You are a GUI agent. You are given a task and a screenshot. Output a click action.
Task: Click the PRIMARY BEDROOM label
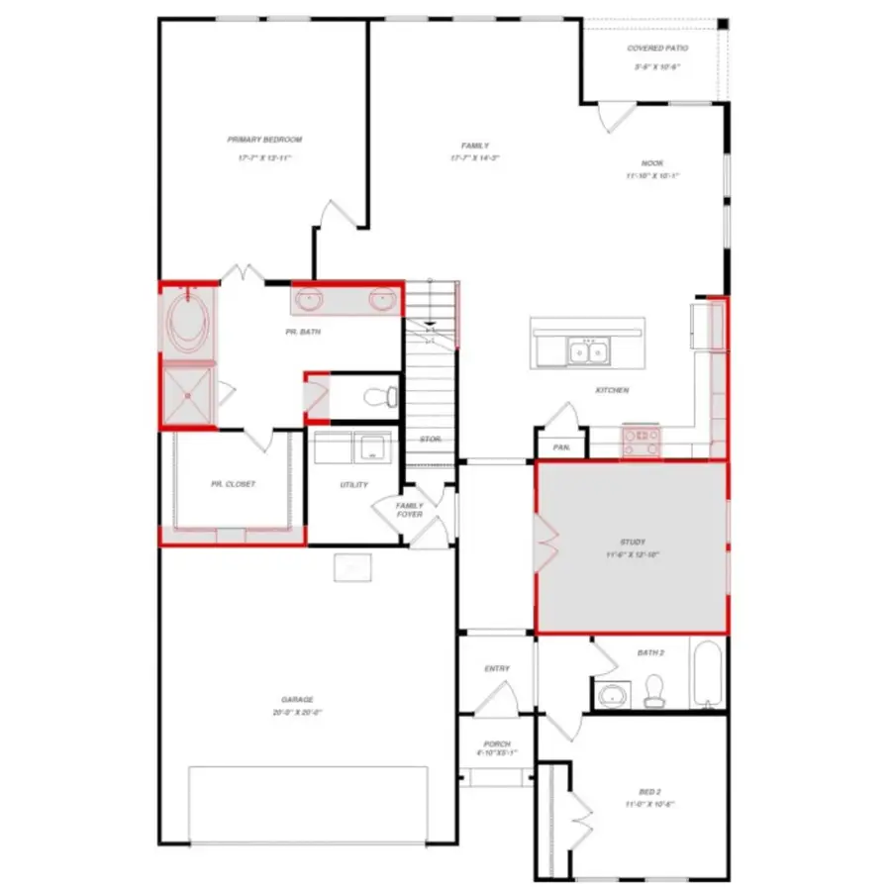tap(264, 141)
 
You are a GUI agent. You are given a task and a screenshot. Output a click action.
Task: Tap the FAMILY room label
tap(475, 147)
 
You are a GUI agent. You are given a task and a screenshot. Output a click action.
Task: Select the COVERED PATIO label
tap(657, 49)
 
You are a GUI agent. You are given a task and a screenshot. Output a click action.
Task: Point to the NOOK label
tap(652, 164)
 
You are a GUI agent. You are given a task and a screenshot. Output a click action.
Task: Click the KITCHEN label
tap(612, 390)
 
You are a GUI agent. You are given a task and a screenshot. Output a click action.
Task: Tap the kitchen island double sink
tap(587, 350)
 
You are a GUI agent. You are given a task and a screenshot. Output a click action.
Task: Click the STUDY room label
tap(634, 542)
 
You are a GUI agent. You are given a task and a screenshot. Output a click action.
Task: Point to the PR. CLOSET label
tap(233, 484)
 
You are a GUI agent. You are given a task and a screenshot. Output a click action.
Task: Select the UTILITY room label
tap(354, 484)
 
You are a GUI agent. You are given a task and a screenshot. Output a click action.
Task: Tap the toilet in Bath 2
tap(654, 689)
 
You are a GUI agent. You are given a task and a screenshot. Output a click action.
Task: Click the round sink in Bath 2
tap(614, 694)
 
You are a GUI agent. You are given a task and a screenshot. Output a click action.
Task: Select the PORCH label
tap(497, 743)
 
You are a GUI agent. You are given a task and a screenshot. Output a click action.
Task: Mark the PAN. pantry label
tap(561, 447)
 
